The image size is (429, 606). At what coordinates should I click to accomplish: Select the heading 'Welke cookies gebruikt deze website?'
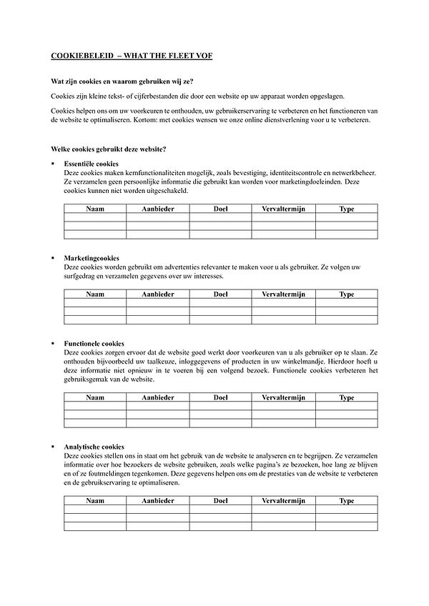coord(109,149)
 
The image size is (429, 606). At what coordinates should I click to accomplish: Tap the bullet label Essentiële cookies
coord(92,164)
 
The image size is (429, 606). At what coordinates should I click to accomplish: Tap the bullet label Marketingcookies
coord(92,257)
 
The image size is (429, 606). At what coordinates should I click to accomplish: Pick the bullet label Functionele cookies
coord(94,343)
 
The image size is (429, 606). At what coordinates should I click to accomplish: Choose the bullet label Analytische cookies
coord(94,446)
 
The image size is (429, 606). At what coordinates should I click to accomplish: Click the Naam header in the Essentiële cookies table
coord(95,208)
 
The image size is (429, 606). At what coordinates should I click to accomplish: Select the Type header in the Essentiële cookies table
coord(347,208)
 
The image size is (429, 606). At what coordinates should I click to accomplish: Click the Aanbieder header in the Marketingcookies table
coord(158,294)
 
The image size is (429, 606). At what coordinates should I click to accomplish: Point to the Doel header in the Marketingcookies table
coord(220,294)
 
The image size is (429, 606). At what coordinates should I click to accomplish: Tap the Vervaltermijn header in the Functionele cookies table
coord(283,397)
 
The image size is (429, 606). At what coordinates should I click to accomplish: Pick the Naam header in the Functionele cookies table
coord(95,397)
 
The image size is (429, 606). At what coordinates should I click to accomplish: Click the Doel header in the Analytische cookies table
coord(220,500)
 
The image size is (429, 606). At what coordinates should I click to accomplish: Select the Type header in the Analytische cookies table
coord(347,500)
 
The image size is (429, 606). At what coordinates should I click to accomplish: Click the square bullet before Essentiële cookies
coord(53,164)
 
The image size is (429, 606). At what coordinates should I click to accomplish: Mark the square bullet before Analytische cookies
coord(53,446)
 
